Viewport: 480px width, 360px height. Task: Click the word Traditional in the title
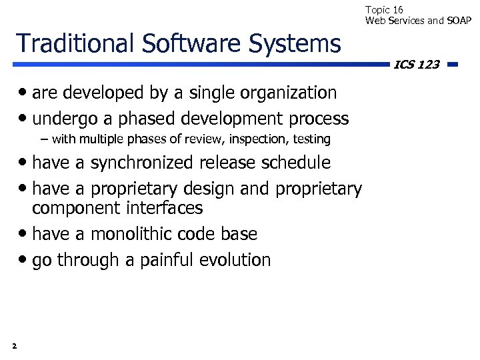click(x=74, y=43)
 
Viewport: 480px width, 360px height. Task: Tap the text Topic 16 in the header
click(x=384, y=10)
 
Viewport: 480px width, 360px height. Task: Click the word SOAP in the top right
click(x=458, y=21)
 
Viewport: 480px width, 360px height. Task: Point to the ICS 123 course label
click(x=417, y=65)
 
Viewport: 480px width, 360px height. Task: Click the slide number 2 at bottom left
click(x=14, y=345)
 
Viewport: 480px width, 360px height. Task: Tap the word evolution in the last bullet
click(x=234, y=260)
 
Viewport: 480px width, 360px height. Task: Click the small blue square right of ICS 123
click(x=452, y=65)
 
